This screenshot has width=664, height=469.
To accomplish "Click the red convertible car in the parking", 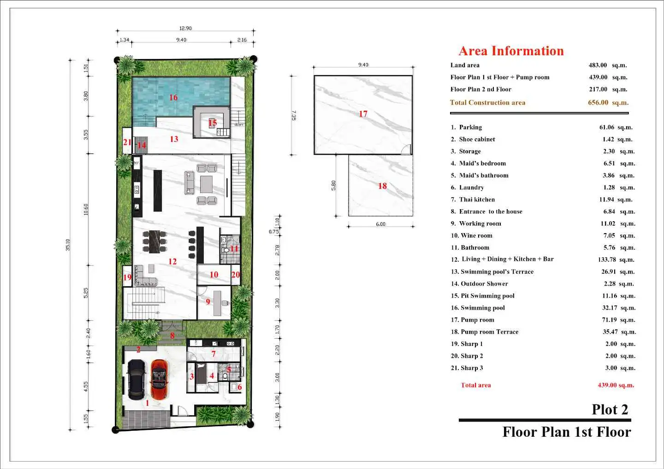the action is (x=159, y=380).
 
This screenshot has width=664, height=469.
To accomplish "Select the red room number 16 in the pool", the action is (x=173, y=97).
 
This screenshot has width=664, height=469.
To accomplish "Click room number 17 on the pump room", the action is (x=363, y=114).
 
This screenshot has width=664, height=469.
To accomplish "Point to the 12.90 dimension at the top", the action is (x=185, y=28).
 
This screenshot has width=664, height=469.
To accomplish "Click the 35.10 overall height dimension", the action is (x=68, y=245).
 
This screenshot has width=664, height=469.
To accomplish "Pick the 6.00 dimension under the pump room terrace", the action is (x=380, y=224).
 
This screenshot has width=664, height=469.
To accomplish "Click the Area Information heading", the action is (x=511, y=51).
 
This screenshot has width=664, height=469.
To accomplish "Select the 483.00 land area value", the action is (x=598, y=65).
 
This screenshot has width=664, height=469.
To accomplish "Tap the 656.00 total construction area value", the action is (x=598, y=102).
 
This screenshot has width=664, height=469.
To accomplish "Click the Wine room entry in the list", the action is (x=472, y=236).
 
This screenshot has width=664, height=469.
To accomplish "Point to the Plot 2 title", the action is (x=610, y=410).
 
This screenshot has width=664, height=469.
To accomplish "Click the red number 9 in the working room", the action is (x=208, y=302).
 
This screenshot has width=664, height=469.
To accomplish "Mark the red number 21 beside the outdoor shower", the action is (x=127, y=142).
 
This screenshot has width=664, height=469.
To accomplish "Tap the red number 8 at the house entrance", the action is (x=172, y=335).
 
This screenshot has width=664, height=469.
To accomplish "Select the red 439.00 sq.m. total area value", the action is (x=616, y=385).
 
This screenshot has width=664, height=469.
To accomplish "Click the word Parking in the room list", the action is (x=470, y=127).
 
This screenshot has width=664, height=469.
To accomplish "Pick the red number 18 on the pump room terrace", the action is (x=382, y=186).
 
